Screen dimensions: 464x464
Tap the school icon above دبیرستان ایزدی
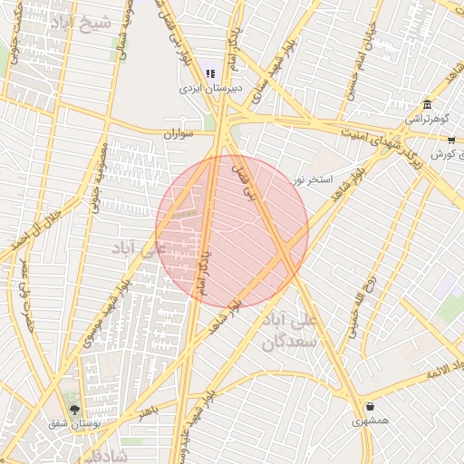[x=211, y=73]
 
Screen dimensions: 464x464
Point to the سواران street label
[x=179, y=133]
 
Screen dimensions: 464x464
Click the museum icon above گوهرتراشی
[x=427, y=103]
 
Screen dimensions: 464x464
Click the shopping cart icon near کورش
[x=451, y=140]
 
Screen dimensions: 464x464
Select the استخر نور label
[x=313, y=179]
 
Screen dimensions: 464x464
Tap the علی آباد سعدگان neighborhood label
[x=292, y=333]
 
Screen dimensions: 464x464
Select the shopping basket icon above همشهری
[x=370, y=406]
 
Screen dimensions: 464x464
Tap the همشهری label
[x=370, y=421]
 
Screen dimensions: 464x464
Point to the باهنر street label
[x=147, y=412]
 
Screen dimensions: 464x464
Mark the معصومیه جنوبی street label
[x=98, y=176]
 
